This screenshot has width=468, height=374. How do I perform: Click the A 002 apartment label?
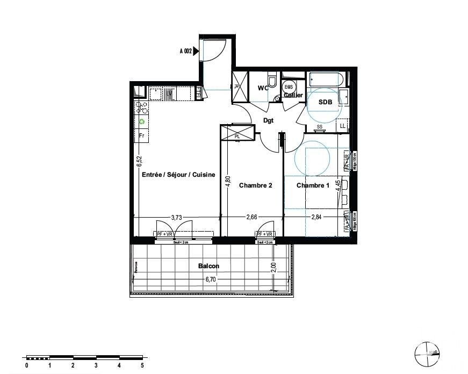coord(185,52)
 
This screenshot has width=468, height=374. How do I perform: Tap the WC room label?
coord(263,88)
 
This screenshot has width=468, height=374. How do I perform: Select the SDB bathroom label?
coord(325,102)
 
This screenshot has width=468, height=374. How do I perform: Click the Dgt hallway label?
coord(269,121)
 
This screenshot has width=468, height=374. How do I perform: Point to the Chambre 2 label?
coord(255,185)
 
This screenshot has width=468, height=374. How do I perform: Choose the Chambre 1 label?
coord(313,185)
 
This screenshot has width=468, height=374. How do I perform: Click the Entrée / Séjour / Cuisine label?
coord(178,174)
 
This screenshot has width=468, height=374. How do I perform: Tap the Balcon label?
coord(208,265)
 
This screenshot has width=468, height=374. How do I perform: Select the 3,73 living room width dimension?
coord(176,218)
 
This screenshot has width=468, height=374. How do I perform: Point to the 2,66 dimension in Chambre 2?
coord(252,218)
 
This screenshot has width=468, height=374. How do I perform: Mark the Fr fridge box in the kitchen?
coord(142,135)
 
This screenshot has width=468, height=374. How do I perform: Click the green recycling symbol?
coord(142,121)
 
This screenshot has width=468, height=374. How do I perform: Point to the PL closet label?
coord(237,136)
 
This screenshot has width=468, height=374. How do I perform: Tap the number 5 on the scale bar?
coord(142,365)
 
